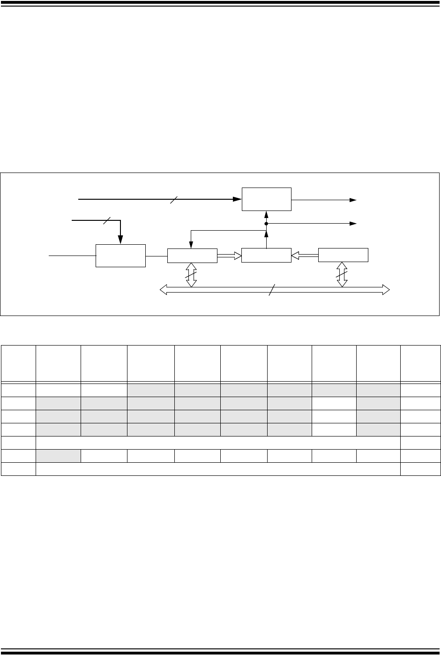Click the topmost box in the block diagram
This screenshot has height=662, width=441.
pyautogui.click(x=266, y=199)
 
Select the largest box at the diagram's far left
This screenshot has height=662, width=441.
pyautogui.click(x=120, y=256)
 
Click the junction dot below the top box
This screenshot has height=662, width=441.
pyautogui.click(x=266, y=224)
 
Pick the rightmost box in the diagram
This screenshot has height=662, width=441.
pyautogui.click(x=343, y=256)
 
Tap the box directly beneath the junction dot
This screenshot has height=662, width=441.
pyautogui.click(x=266, y=256)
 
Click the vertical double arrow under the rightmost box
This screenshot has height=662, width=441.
pyautogui.click(x=343, y=274)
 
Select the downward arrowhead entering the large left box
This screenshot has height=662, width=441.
pyautogui.click(x=120, y=240)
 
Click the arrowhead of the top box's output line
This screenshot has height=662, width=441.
pyautogui.click(x=352, y=200)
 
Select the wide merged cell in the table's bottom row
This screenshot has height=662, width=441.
pyautogui.click(x=218, y=469)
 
